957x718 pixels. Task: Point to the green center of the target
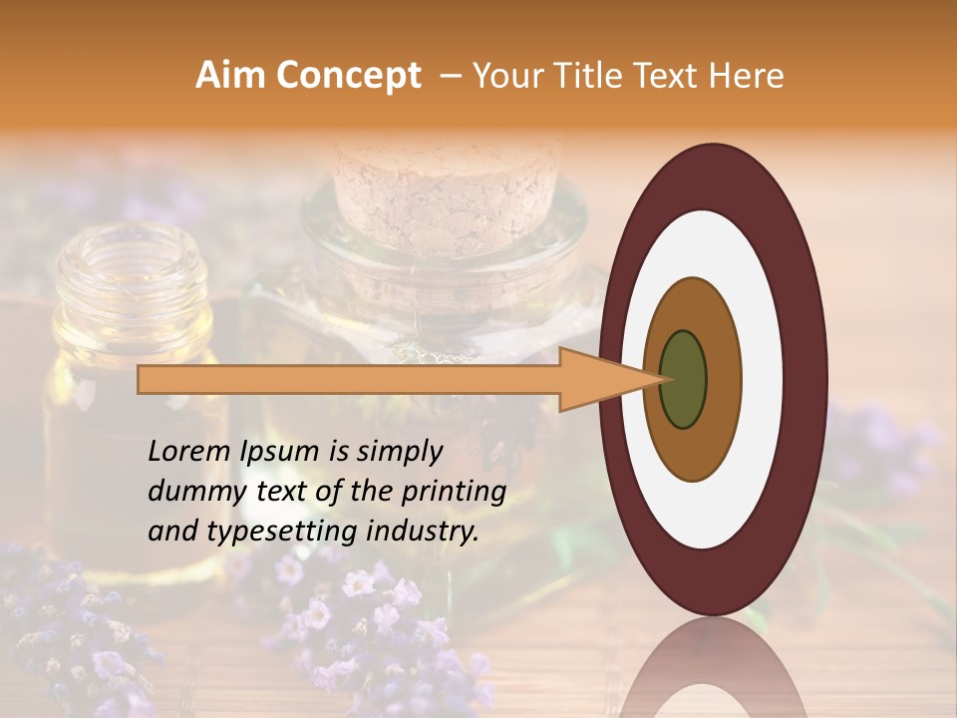[683, 379]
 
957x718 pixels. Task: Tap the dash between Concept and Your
[450, 76]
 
